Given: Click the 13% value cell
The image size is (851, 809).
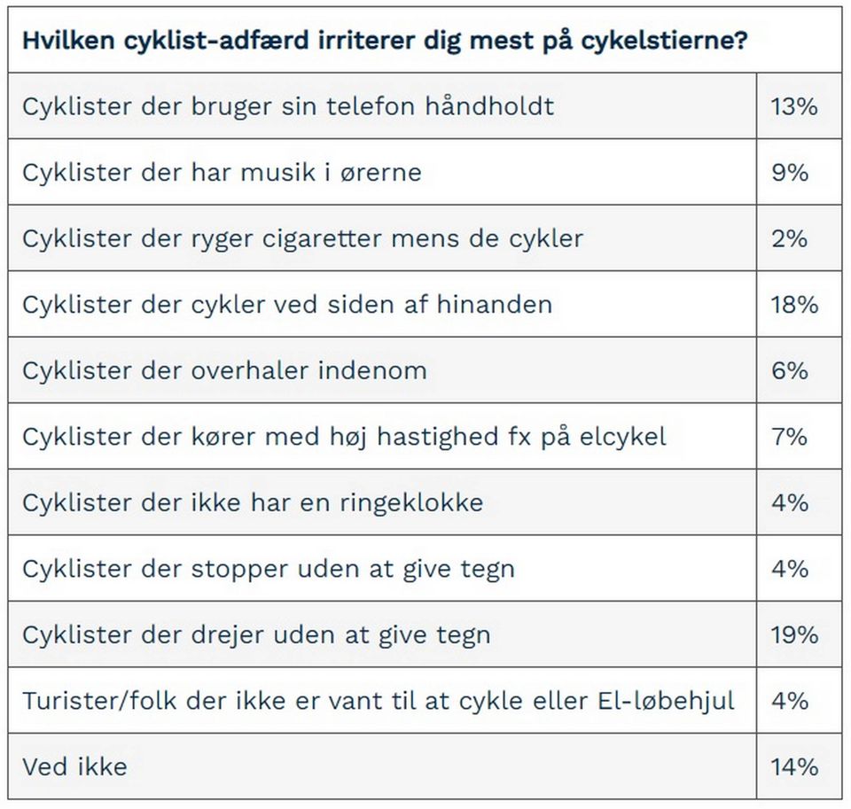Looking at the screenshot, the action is click(794, 106).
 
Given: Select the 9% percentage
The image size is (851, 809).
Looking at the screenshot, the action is click(790, 173).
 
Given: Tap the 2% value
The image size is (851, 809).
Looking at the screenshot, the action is click(790, 238).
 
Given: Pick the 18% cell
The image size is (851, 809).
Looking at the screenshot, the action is click(794, 305).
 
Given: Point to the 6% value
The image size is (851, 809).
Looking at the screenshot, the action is click(790, 370).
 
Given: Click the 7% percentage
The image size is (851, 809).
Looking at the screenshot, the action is click(790, 437).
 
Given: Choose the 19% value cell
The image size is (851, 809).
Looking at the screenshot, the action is click(794, 634).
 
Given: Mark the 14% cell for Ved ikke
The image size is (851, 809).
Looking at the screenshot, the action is click(794, 766).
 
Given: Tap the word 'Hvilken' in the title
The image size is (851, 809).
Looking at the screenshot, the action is click(68, 40).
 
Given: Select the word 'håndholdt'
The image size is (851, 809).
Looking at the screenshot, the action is click(489, 105).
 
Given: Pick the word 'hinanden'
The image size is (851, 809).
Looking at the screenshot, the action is click(495, 305).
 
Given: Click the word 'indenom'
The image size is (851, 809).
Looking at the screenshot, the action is click(372, 370).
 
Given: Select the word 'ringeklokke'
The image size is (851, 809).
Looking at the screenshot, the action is click(411, 503).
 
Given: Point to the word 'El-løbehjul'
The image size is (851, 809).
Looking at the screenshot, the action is click(666, 701).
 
